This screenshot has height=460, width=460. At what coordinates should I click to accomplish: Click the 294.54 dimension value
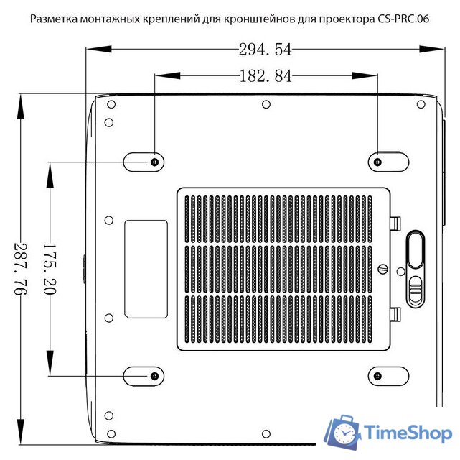pyautogui.click(x=265, y=50)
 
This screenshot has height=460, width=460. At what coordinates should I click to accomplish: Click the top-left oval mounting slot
pyautogui.click(x=144, y=162)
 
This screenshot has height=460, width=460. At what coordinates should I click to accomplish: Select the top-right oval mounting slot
pyautogui.click(x=388, y=162)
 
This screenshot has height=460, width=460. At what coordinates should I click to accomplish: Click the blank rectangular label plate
pyautogui.click(x=146, y=270)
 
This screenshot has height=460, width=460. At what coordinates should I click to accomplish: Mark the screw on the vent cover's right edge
pyautogui.click(x=382, y=270)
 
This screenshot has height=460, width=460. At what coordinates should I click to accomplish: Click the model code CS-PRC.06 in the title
pyautogui.click(x=403, y=19)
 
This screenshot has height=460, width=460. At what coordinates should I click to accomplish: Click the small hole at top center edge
pyautogui.click(x=266, y=104)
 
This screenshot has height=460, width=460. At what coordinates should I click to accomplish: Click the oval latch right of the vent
pyautogui.click(x=416, y=249)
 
